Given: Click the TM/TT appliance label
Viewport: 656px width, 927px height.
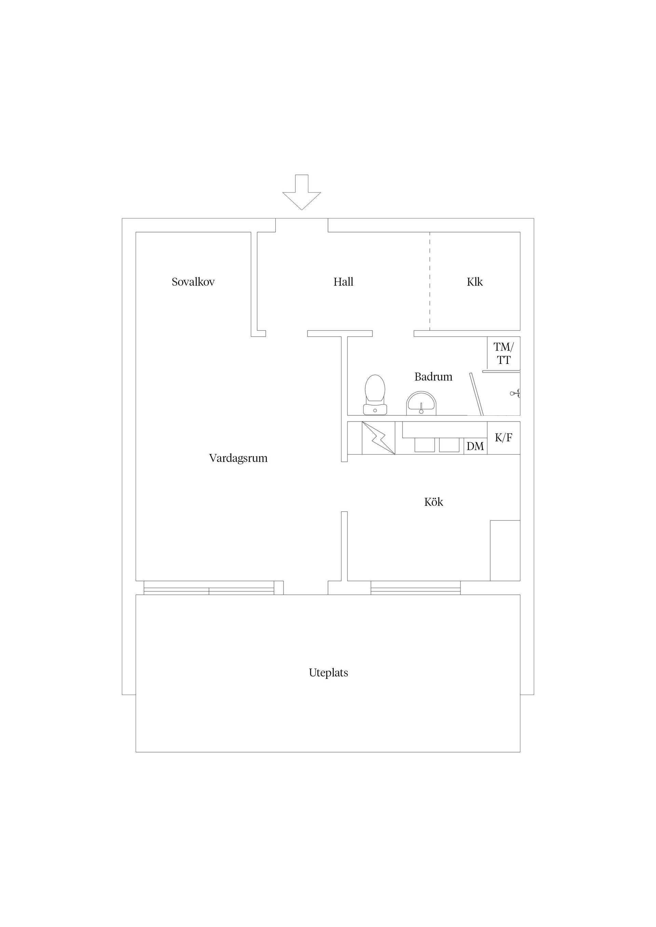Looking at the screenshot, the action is coord(504,353).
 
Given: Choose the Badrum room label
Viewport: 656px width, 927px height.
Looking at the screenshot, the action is coord(433,377).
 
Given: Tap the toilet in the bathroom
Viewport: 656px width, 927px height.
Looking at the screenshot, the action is coord(375,395).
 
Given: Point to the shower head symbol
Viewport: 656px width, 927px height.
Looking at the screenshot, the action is coord(515,393).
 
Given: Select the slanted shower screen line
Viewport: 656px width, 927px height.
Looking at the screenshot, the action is coord(477,394).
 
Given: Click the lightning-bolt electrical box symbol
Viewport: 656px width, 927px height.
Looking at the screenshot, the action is coord(378,438).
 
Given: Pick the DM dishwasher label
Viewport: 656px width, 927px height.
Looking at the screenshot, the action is coord(475,446).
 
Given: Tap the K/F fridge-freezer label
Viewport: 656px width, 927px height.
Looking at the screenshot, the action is coord(504,438).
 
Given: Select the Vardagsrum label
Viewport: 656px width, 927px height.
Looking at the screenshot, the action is coord(238,458).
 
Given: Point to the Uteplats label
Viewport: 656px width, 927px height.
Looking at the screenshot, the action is coord(328,673).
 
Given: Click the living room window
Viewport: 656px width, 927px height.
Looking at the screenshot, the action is coord(209,588).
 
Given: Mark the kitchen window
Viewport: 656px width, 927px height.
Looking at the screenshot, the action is coord(415,588).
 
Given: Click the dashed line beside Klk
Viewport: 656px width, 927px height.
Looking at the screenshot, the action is coord(430,281).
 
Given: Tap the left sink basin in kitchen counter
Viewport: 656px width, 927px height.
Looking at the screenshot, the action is coord(424,445).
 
